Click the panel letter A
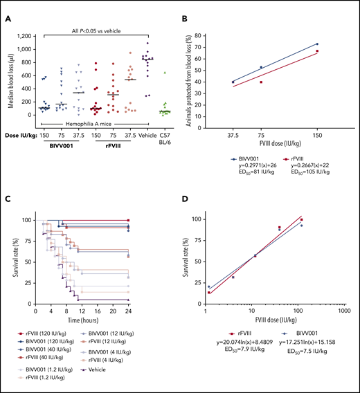pos(8,20)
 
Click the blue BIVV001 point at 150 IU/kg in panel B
pos(317,44)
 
